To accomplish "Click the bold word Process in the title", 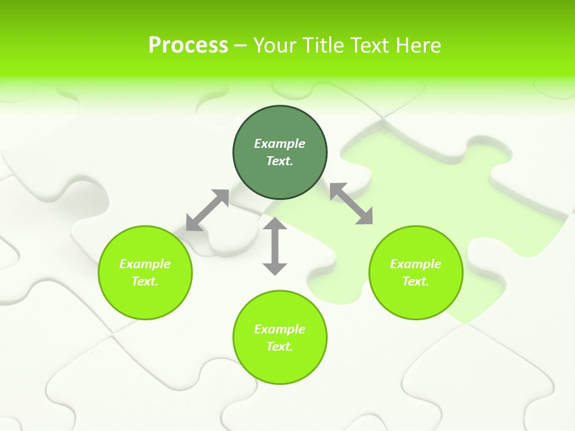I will pyautogui.click(x=188, y=45).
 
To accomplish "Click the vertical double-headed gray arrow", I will pyautogui.click(x=275, y=246).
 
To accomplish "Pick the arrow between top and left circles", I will pyautogui.click(x=208, y=210).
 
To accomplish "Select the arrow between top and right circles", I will pyautogui.click(x=351, y=204).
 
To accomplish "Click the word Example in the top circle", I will pyautogui.click(x=280, y=144).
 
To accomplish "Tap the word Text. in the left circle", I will pyautogui.click(x=145, y=281).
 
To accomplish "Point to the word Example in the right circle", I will pyautogui.click(x=416, y=264).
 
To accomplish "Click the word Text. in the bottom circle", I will pyautogui.click(x=280, y=347).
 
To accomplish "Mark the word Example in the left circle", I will pyautogui.click(x=145, y=264).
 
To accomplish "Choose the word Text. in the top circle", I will pyautogui.click(x=280, y=161).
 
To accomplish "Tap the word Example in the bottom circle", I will pyautogui.click(x=280, y=329).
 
